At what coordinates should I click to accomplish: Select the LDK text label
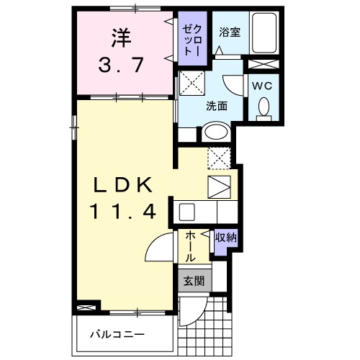pyautogui.click(x=120, y=186)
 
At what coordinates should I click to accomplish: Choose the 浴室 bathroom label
pyautogui.click(x=229, y=32)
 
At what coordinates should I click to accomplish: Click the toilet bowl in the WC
pyautogui.click(x=262, y=107)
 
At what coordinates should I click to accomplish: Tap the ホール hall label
pyautogui.click(x=190, y=246)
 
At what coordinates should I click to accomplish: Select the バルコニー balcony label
pyautogui.click(x=117, y=336)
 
